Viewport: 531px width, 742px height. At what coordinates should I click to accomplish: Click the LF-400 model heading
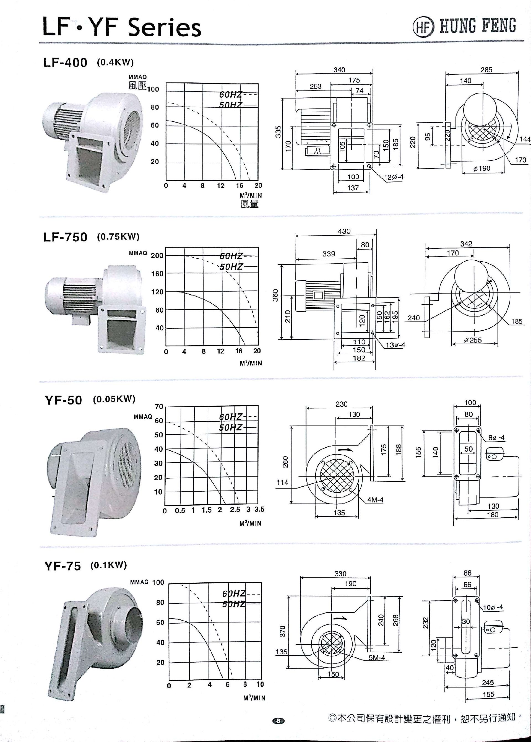[x=65, y=62]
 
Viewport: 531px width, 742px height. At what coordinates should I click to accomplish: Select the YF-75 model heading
[x=63, y=566]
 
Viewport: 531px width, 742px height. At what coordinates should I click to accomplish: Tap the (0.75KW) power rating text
[x=118, y=237]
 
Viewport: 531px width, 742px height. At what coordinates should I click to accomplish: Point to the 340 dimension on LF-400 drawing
[x=339, y=70]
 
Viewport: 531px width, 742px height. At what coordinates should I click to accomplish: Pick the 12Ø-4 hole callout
[x=394, y=177]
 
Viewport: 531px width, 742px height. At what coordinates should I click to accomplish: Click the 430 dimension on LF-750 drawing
[x=344, y=231]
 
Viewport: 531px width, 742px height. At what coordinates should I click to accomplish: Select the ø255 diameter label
[x=473, y=340]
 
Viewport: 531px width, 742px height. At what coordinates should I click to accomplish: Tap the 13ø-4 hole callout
[x=395, y=345]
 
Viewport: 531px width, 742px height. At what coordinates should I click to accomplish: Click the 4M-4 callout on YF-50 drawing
[x=375, y=500]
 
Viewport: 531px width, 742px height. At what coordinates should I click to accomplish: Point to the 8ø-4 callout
[x=496, y=438]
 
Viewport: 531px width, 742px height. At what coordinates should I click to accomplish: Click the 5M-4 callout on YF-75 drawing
[x=377, y=658]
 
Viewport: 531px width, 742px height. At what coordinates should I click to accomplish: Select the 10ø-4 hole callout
[x=493, y=607]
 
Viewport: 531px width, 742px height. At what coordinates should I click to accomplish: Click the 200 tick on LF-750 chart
[x=157, y=255]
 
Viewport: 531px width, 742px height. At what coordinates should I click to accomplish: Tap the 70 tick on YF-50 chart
[x=159, y=406]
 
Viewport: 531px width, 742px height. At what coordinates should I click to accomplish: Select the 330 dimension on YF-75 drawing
[x=340, y=574]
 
